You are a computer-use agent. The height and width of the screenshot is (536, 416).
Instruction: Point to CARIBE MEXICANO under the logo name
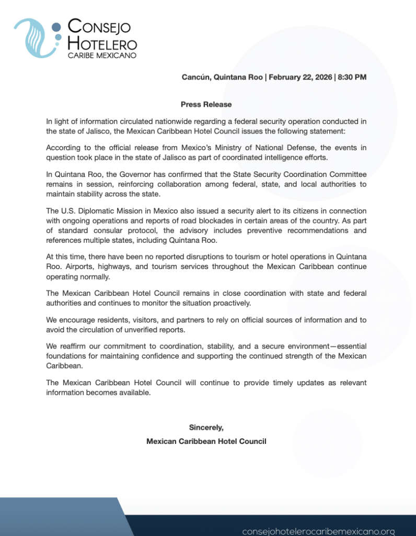coord(102,55)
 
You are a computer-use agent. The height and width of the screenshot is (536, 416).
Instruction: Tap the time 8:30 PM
coord(352,77)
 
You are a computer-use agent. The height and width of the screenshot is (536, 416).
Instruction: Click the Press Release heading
coord(206,104)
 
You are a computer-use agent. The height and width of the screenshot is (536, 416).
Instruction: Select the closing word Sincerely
coord(206,428)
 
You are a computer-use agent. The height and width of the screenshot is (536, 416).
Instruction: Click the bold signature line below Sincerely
coord(206,441)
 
